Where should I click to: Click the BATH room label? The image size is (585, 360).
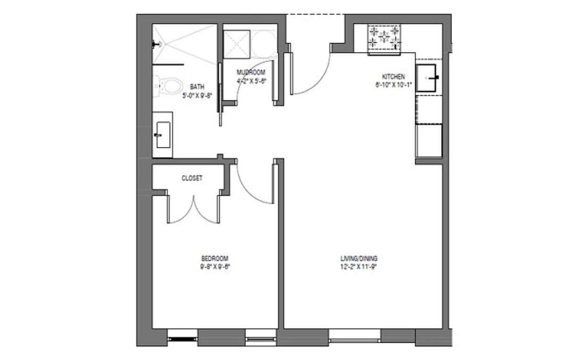point(197,87)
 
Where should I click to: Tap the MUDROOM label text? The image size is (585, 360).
point(251,72)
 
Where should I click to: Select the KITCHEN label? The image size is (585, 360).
point(393,76)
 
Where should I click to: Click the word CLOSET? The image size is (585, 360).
point(192,178)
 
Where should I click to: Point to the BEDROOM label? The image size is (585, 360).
point(215,259)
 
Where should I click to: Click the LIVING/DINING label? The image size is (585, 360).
point(359,259)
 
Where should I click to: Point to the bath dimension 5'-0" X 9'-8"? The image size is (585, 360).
point(197,95)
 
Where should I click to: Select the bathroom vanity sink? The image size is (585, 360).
point(163,134)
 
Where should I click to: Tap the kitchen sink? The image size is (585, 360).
point(429,77)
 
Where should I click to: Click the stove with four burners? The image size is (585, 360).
point(384,38)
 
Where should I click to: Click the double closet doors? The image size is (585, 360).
point(193,210)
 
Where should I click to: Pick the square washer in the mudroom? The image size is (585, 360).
point(236,44)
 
